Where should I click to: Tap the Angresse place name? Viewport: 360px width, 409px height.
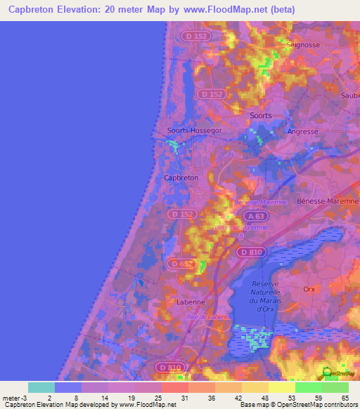point(302,131)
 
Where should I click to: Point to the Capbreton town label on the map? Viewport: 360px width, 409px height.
point(181,178)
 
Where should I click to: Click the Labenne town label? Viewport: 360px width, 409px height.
point(190,302)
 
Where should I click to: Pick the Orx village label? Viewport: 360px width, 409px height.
point(309,289)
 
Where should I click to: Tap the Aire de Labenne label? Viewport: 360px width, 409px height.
point(209,317)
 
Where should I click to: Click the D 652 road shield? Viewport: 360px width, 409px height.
point(179,264)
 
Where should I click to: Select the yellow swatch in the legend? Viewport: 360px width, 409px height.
point(281,387)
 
